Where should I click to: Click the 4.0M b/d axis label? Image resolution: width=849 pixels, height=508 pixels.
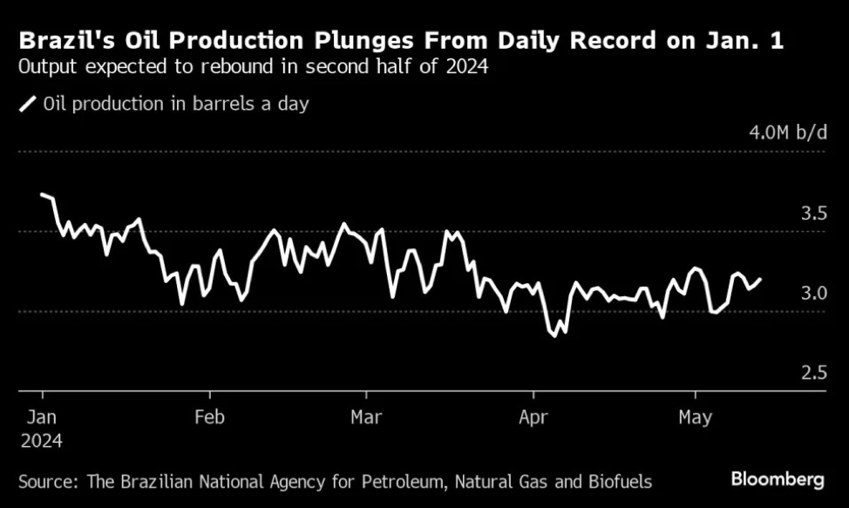tap(787, 133)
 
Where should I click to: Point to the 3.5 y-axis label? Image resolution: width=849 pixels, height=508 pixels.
tap(813, 213)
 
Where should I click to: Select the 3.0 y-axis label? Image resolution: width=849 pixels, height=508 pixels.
tap(813, 294)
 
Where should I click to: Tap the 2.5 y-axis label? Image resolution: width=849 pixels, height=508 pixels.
tap(813, 374)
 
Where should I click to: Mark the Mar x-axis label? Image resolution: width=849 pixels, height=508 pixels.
tap(367, 417)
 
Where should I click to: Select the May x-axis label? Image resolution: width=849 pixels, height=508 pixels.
tap(694, 417)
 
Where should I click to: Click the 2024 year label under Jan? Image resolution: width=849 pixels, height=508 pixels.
tap(42, 441)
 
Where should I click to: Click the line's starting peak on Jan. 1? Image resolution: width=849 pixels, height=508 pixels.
tap(42, 194)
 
